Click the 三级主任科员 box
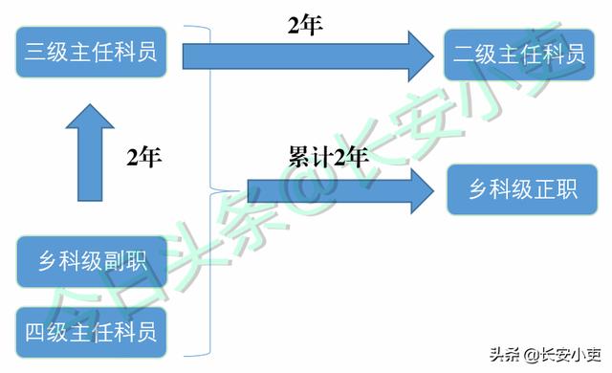click(x=92, y=54)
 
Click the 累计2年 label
click(x=328, y=156)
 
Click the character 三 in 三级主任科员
click(x=37, y=54)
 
